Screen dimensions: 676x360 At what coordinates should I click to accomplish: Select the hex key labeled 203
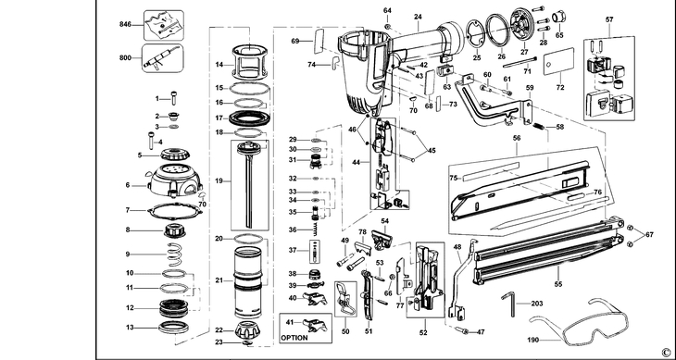(x=508, y=304)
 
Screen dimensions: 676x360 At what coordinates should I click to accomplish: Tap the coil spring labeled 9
(x=175, y=254)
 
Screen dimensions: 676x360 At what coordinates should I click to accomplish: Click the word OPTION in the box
(x=295, y=338)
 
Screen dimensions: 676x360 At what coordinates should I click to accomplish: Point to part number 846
(x=125, y=25)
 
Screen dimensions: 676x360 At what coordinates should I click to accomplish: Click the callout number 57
(x=609, y=19)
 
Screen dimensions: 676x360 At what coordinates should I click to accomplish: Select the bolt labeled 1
(x=174, y=98)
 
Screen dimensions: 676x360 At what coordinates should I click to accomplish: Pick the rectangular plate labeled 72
(x=558, y=61)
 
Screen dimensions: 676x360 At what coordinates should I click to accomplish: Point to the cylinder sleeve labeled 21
(x=248, y=282)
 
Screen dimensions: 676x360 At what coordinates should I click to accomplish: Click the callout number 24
(x=418, y=17)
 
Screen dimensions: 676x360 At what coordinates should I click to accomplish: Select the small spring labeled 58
(x=538, y=126)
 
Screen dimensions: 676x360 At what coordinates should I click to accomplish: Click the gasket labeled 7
(x=175, y=211)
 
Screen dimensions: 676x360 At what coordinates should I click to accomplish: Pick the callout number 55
(x=558, y=284)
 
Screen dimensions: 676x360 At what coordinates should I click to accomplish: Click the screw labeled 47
(x=461, y=330)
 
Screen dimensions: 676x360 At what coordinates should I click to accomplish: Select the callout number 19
(x=219, y=180)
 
